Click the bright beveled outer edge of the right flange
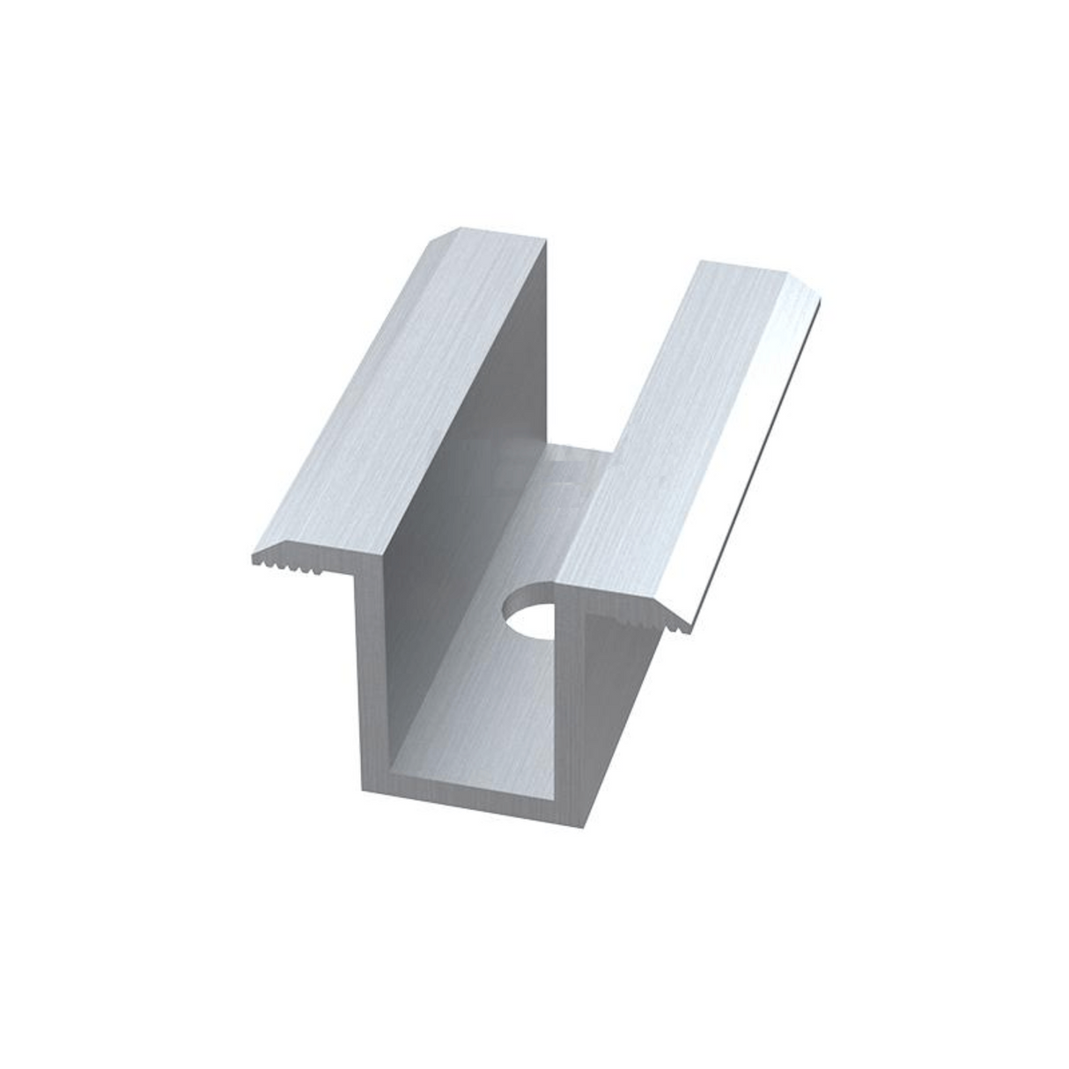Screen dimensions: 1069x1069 (x=757, y=458)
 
